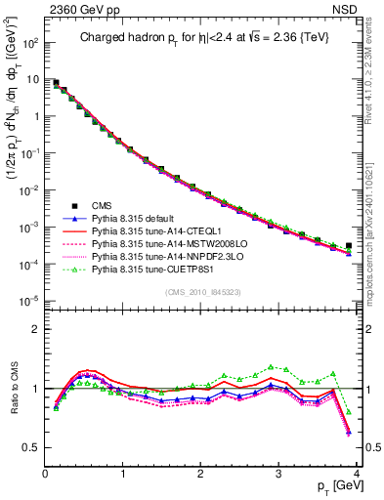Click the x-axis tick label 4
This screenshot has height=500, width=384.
point(357,472)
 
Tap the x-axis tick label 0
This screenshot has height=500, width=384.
point(45,472)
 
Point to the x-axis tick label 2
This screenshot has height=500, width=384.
point(201,472)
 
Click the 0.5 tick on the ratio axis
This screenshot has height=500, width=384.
point(31,446)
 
